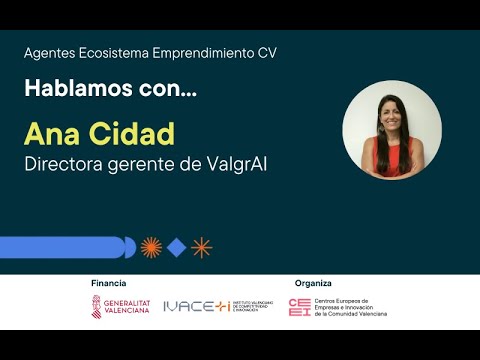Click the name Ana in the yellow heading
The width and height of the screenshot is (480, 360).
click(51, 134)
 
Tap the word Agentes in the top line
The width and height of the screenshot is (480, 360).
click(50, 53)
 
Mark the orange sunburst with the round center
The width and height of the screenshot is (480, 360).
click(150, 247)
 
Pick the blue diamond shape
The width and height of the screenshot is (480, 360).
click(176, 247)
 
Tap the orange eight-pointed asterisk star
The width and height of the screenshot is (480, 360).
click(202, 247)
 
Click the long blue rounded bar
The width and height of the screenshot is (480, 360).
click(65, 247)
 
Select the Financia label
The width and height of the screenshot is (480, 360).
click(108, 283)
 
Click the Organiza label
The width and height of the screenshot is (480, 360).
click(313, 283)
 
